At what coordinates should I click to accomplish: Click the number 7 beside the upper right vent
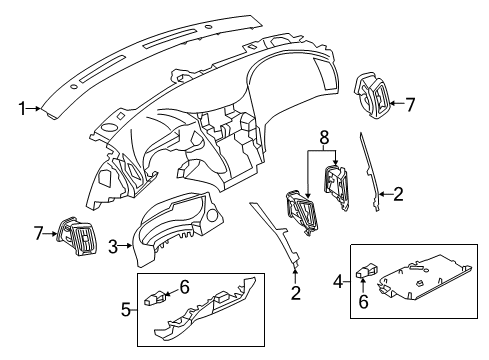[408, 103]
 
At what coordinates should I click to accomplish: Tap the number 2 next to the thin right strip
[399, 194]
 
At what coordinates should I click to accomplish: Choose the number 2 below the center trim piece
[296, 293]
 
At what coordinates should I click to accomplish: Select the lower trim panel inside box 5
[200, 321]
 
